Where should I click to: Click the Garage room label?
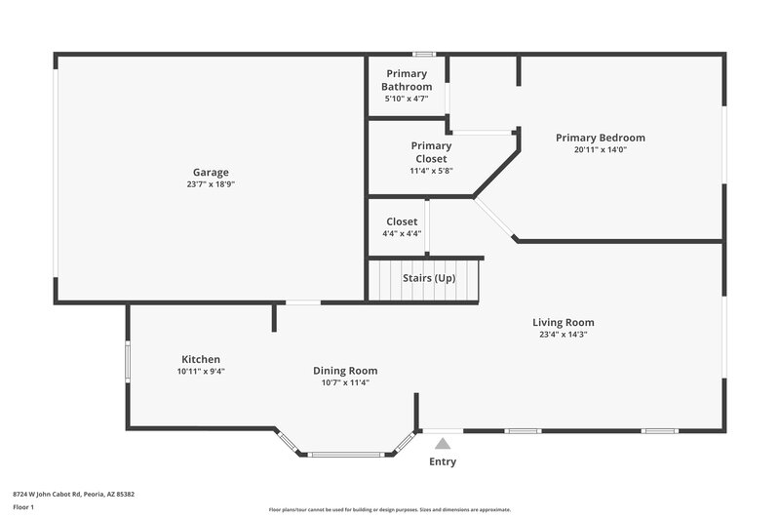[x=211, y=172]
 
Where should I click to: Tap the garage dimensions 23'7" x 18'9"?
[x=211, y=184]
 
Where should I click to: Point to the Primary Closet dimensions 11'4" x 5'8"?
[x=431, y=171]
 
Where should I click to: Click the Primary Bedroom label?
[x=600, y=138]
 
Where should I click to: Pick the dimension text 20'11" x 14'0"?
[x=600, y=150]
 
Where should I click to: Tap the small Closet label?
[x=402, y=221]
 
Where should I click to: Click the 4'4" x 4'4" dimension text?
[x=402, y=233]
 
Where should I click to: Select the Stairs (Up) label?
[x=429, y=278]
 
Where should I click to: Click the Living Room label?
[x=563, y=322]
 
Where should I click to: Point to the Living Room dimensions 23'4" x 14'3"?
[x=563, y=335]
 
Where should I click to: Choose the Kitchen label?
[x=201, y=359]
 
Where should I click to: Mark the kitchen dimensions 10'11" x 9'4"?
[x=201, y=372]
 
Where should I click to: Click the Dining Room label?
[x=345, y=371]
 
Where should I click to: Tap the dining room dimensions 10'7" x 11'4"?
[x=345, y=382]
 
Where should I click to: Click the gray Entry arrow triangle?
[x=443, y=444]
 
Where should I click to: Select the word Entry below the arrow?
[x=443, y=461]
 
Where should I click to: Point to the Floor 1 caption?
[x=24, y=507]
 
